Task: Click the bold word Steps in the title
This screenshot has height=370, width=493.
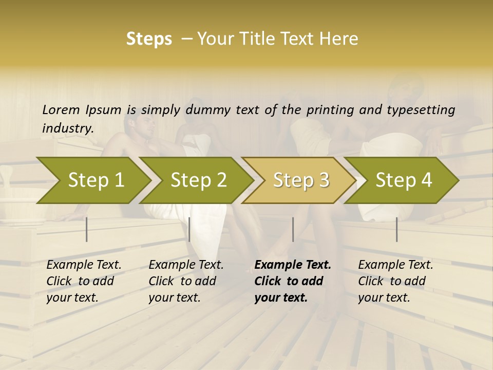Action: (x=149, y=39)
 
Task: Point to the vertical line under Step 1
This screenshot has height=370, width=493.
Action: (x=87, y=229)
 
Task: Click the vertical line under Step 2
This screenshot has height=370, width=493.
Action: (x=189, y=229)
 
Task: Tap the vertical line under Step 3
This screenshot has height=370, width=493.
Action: (x=293, y=229)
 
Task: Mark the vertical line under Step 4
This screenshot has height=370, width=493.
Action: (x=396, y=229)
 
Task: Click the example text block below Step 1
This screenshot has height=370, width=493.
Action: (x=84, y=281)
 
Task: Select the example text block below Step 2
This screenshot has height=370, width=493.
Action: (x=186, y=281)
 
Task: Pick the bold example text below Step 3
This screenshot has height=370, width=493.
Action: (x=293, y=281)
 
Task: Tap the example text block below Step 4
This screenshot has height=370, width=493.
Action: (x=395, y=281)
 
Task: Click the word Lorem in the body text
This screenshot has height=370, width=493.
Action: (x=61, y=110)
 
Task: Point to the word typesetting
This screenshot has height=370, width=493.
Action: (x=426, y=110)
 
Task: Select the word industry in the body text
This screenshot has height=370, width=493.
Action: (x=67, y=128)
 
